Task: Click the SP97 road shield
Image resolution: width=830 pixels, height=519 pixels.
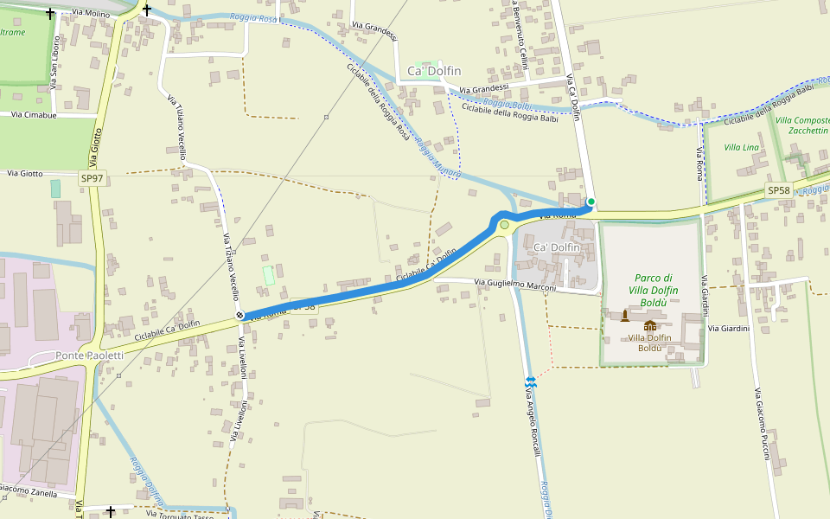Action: (92, 178)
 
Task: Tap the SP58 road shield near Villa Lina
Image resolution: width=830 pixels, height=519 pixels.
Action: (778, 190)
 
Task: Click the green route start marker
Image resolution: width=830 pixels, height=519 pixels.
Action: (591, 202)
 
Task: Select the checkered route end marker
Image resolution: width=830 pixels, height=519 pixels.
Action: (239, 315)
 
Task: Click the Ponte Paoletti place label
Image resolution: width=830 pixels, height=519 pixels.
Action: (90, 356)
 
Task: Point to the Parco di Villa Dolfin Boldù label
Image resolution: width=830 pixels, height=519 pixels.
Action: (654, 290)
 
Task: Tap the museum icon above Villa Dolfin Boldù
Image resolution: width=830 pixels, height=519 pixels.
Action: (649, 325)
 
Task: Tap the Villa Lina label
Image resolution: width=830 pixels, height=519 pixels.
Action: (741, 148)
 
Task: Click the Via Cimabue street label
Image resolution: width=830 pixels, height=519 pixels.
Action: (34, 114)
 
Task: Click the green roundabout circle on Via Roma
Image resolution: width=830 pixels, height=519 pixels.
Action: (504, 225)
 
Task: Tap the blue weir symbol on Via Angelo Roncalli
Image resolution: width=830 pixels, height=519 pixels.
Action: (530, 381)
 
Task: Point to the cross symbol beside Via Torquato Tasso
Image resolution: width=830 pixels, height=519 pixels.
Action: (111, 512)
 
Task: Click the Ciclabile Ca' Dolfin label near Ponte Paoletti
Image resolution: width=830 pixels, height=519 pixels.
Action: (167, 329)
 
